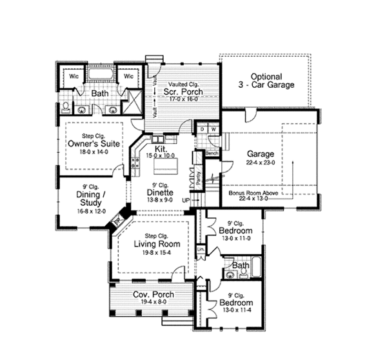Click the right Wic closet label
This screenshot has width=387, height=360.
[128, 75]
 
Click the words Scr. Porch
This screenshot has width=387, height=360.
[183, 92]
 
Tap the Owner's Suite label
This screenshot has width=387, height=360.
[94, 144]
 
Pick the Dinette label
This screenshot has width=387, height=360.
[159, 192]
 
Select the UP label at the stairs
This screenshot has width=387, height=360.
[186, 201]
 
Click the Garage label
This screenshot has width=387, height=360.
[261, 154]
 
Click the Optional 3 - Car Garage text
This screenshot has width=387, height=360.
[272, 80]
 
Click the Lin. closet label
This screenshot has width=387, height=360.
[200, 249]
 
